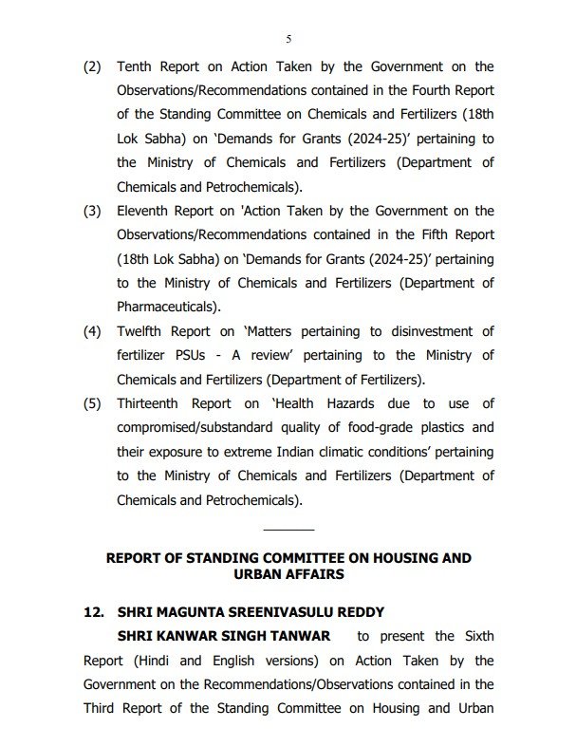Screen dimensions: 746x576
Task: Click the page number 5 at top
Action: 288,38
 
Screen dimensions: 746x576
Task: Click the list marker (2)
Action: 91,66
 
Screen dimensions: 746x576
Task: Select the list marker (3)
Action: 91,211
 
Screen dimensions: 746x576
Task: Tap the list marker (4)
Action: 91,331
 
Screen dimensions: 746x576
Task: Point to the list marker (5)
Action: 91,402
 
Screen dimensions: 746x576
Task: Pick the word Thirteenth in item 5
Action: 155,402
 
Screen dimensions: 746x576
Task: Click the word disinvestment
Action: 436,331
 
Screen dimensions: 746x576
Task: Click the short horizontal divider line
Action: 288,529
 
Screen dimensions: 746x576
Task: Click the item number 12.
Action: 93,611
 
